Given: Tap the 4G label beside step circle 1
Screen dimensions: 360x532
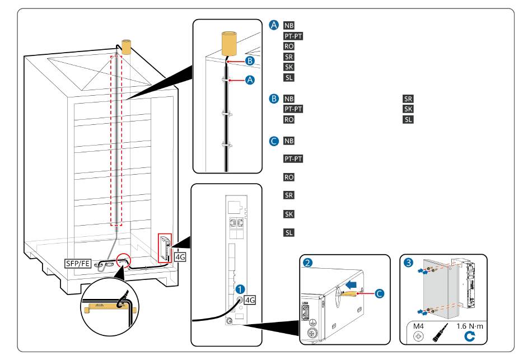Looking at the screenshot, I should point(249,300).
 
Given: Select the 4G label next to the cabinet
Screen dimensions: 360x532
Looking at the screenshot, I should point(180,257).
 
